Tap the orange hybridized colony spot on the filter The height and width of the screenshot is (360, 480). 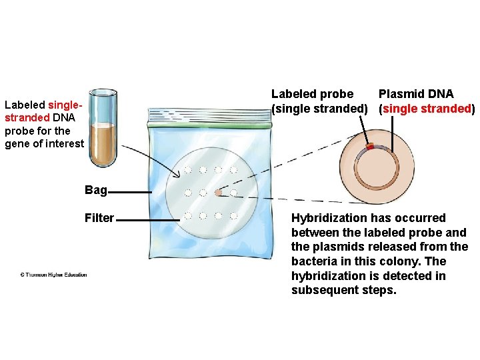tap(218, 193)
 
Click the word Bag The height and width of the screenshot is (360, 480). tap(95, 191)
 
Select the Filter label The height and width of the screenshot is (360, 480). tap(99, 218)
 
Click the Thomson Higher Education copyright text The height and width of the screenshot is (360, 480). tap(53, 275)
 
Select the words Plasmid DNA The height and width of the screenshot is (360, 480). tap(415, 94)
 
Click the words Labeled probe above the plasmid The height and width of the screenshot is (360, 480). tap(312, 94)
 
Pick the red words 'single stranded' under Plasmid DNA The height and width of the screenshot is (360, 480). tap(427, 109)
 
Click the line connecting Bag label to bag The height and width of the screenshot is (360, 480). tap(130, 192)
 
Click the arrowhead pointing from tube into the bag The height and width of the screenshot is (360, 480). tap(179, 175)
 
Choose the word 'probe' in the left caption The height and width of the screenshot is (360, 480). tap(19, 131)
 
